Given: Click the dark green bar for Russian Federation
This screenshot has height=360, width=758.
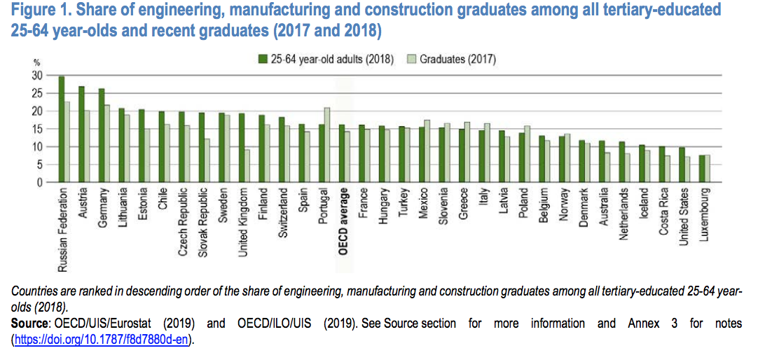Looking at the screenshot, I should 62,130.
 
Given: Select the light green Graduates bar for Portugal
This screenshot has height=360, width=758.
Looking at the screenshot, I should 327,145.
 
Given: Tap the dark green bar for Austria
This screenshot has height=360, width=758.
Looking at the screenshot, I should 81,134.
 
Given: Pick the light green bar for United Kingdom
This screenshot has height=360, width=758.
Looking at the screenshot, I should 247,166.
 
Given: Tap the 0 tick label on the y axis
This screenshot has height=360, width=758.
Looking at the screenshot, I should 40,183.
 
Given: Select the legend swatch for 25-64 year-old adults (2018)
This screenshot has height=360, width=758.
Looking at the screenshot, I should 263,59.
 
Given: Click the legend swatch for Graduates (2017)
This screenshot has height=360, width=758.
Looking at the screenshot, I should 412,59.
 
